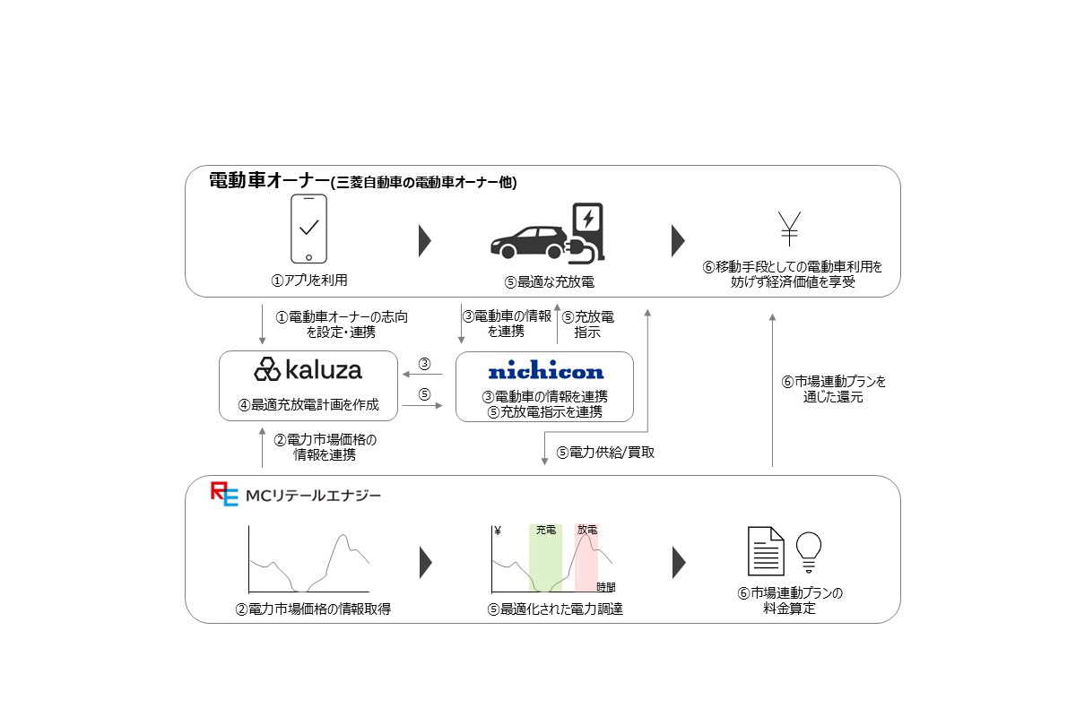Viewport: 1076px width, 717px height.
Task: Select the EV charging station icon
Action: [x=588, y=231]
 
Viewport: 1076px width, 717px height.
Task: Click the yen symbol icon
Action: [x=789, y=229]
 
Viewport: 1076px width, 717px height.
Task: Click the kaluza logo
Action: [x=308, y=369]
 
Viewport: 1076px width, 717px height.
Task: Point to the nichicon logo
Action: [x=545, y=371]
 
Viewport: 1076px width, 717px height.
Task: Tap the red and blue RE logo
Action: [x=224, y=495]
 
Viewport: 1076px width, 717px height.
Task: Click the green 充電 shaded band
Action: [x=545, y=560]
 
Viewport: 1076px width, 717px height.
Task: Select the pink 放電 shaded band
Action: [x=586, y=560]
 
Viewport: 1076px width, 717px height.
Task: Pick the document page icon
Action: [x=766, y=551]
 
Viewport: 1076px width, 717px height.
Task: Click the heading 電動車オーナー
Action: [x=267, y=181]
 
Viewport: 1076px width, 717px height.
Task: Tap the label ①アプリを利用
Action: [x=309, y=281]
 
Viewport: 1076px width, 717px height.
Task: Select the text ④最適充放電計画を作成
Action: [x=308, y=405]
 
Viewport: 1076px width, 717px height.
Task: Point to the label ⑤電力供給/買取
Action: [x=605, y=453]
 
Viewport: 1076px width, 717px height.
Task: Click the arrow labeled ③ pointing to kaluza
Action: [x=425, y=375]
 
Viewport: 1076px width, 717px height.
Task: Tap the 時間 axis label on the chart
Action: [x=606, y=587]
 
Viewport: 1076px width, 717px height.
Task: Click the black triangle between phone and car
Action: [x=425, y=240]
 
